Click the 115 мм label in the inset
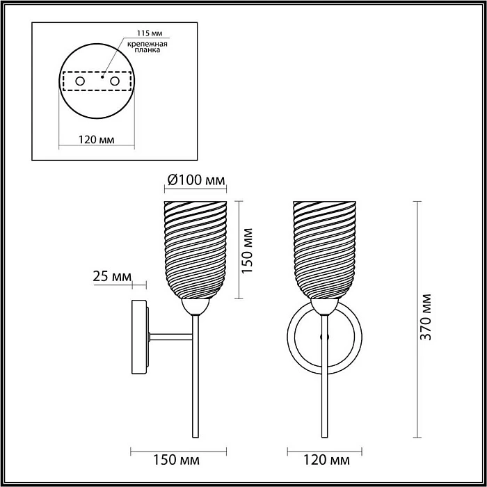(x=150, y=33)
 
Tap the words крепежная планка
(x=147, y=47)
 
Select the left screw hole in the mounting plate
(x=80, y=81)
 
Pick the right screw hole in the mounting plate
(x=115, y=81)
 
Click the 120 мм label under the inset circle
(x=96, y=140)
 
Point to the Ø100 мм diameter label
(x=196, y=179)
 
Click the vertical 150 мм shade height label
(x=247, y=250)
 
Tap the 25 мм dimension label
(x=112, y=276)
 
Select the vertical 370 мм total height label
(x=425, y=317)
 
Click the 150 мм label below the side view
(x=176, y=460)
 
